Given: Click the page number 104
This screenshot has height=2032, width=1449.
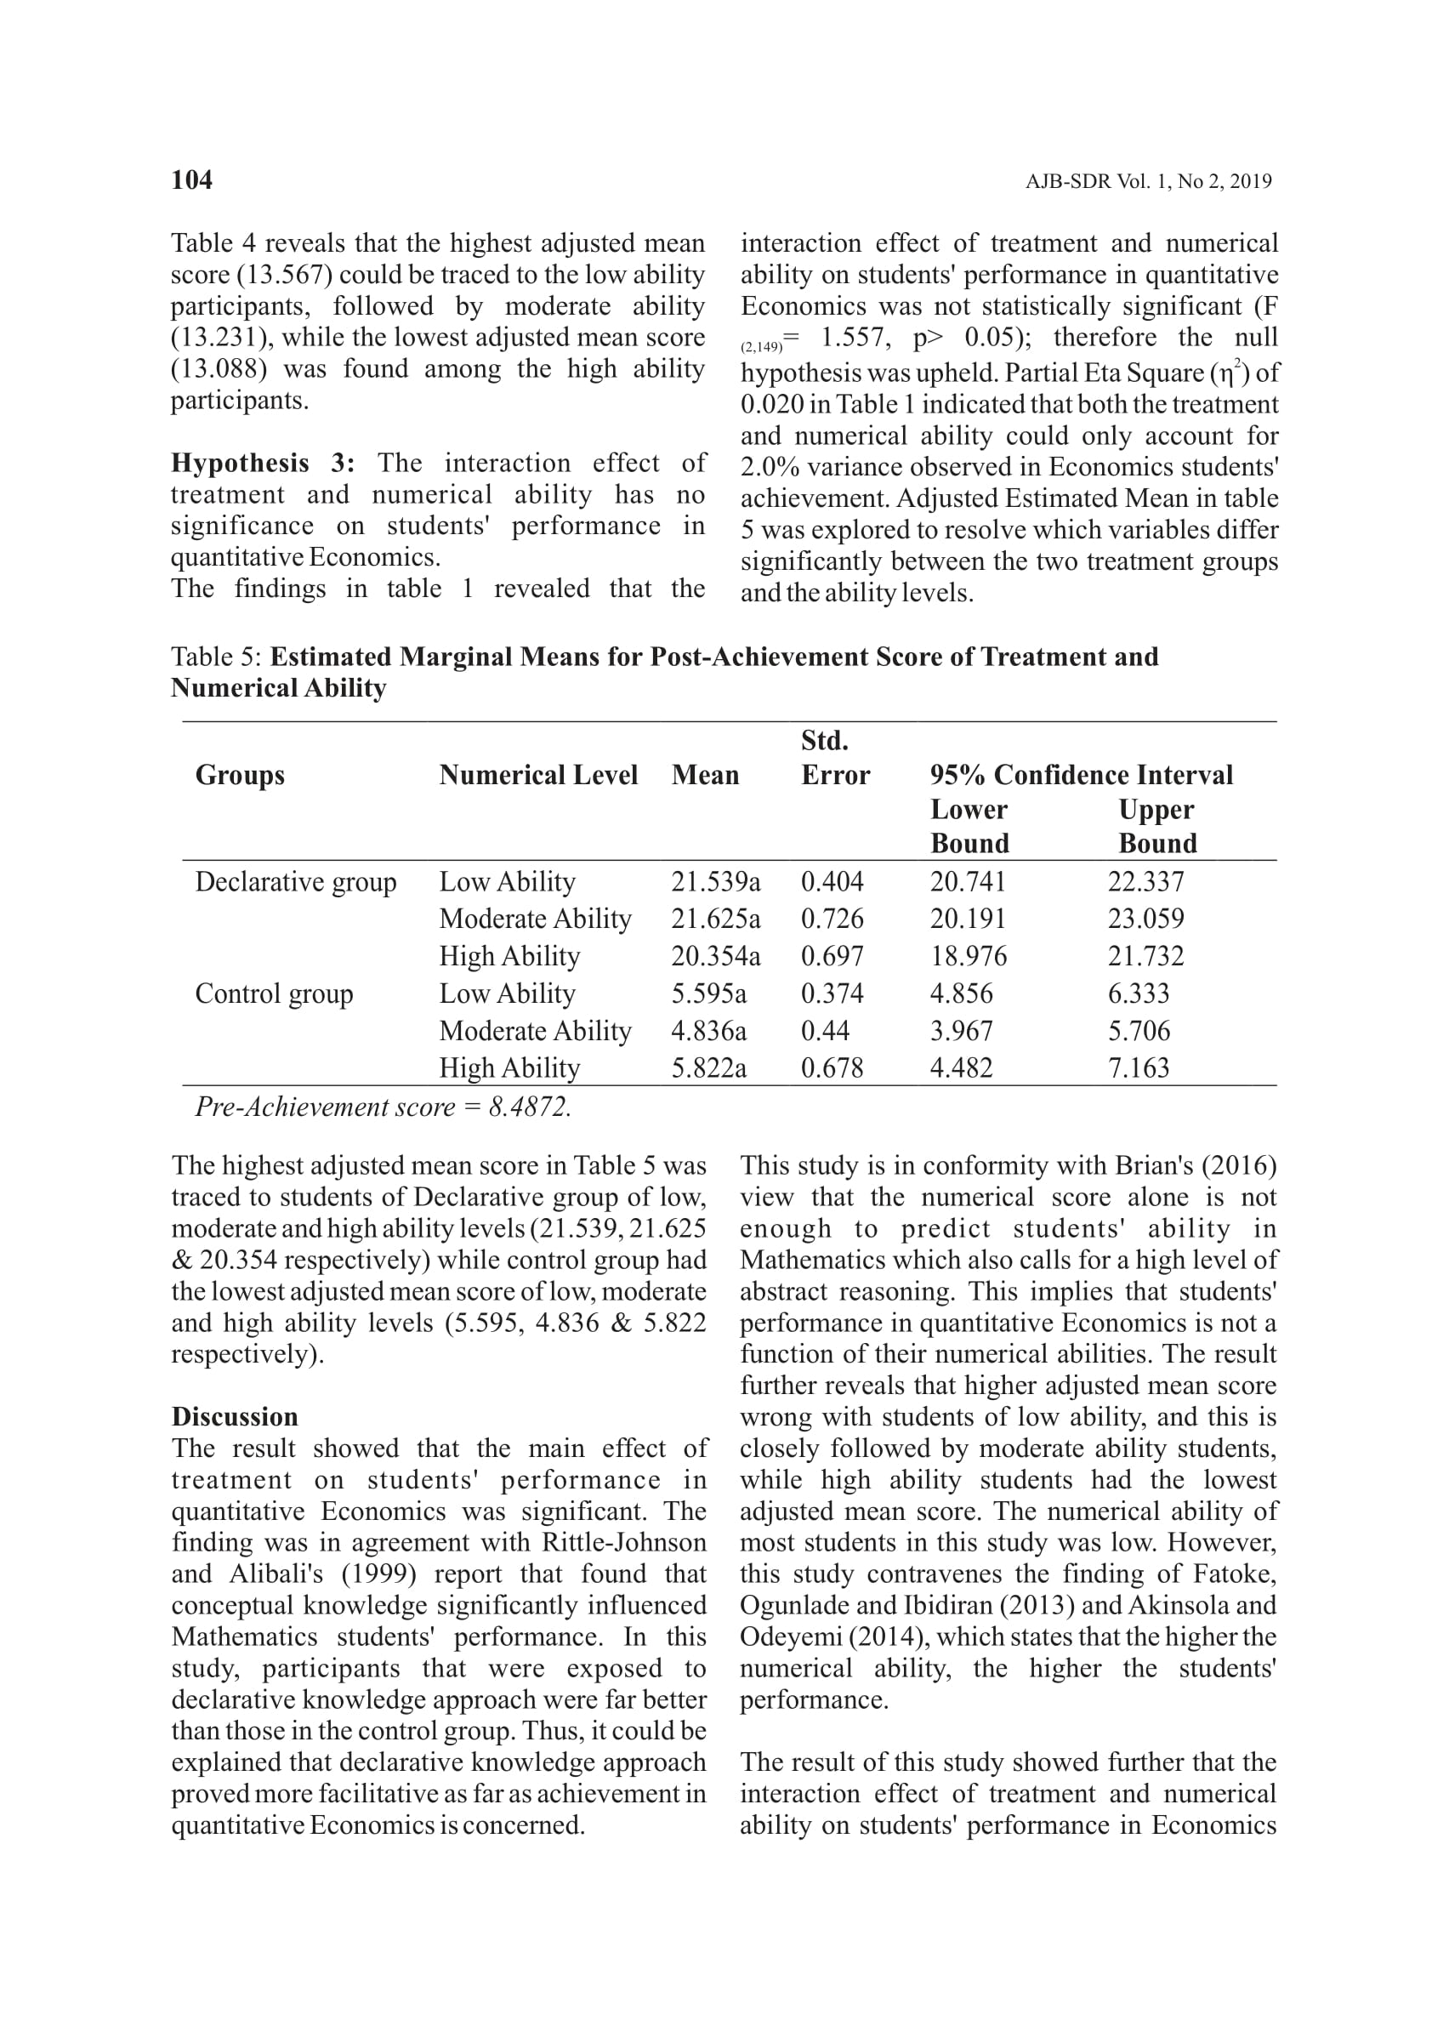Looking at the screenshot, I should pos(192,180).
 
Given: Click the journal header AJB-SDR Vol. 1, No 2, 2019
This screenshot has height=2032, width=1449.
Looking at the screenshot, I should pos(1148,181).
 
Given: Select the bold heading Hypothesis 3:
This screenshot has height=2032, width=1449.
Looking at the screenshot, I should pos(264,464).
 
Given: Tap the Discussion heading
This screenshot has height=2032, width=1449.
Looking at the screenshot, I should pos(235,1417).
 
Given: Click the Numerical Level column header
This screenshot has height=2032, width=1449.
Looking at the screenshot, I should pos(538,775).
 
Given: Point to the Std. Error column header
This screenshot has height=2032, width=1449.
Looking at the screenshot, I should pos(835,758).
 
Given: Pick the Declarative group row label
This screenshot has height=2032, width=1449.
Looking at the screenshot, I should pos(295,882).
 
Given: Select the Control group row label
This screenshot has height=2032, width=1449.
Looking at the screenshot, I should pos(274,993).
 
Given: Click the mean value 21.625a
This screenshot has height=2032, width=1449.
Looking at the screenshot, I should pos(716,919).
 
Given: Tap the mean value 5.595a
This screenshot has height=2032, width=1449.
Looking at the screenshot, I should pos(709,993).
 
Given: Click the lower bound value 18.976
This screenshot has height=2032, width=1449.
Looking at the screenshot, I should pos(968,956).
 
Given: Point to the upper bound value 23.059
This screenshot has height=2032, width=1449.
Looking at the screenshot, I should pos(1145,919).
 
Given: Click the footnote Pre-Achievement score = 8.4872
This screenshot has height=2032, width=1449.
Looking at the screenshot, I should pos(383,1107).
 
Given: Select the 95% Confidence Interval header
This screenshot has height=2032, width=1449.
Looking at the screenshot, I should pos(1082,775).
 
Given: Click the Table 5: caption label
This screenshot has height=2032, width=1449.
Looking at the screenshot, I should pos(216,657).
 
